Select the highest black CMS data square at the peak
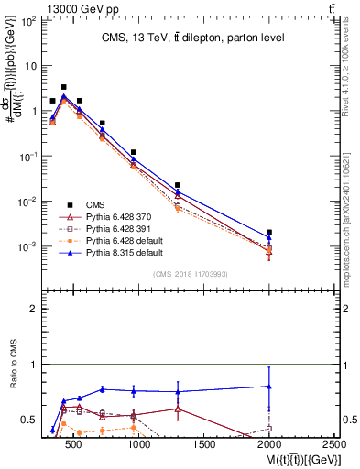[63, 87]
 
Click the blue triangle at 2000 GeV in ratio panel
[269, 387]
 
